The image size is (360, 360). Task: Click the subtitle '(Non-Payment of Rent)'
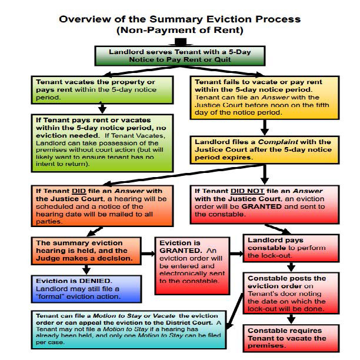[179, 29]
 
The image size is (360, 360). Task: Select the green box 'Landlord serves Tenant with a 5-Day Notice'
[180, 56]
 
